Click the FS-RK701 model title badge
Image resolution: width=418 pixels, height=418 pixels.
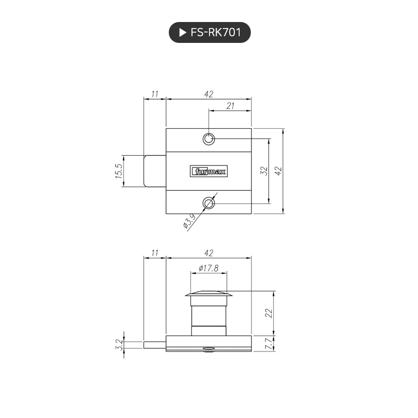209,32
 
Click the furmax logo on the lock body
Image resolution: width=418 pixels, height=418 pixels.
208,171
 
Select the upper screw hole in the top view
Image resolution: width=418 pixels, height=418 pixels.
208,139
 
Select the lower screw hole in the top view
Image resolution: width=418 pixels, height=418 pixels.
208,204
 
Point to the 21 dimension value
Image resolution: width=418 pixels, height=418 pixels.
230,106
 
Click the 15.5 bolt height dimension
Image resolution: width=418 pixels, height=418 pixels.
118,171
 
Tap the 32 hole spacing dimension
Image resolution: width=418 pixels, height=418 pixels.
263,171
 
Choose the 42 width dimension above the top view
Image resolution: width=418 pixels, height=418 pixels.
208,95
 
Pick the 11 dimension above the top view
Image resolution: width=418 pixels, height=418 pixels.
155,95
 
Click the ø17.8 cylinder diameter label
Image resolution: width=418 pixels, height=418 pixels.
208,268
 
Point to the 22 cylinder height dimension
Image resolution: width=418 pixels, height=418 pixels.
268,312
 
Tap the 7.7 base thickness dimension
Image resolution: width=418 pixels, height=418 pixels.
268,344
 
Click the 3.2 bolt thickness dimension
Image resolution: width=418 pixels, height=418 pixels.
118,345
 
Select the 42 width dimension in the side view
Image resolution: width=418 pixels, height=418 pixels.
208,253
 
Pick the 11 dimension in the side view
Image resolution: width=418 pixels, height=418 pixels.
155,253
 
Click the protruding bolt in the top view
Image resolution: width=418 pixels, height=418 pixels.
155,171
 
